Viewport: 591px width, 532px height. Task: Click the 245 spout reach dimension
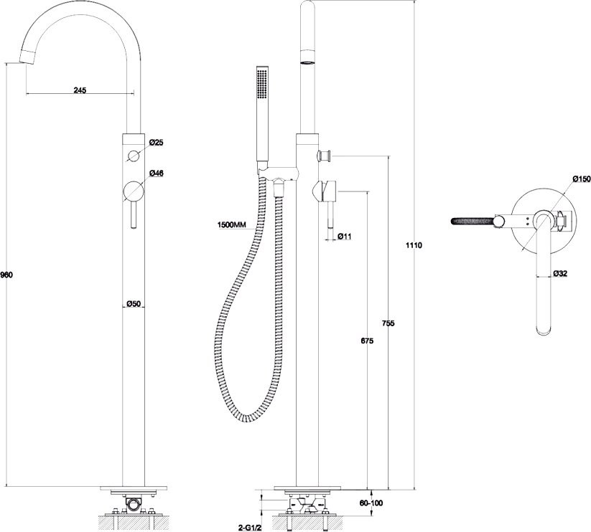[x=80, y=90]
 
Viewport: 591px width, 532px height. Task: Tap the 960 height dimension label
[x=6, y=275]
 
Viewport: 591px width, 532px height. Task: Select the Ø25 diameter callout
[x=156, y=143]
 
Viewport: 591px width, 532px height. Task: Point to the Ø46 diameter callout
[x=156, y=174]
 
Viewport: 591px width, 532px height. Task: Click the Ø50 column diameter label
[x=134, y=303]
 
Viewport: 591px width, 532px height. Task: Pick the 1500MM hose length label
[x=231, y=225]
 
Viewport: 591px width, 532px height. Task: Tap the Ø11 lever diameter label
[x=345, y=237]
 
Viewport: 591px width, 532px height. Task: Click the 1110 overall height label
[x=414, y=245]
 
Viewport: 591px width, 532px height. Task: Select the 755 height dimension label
[x=388, y=323]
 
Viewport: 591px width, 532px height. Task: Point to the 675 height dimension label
[x=367, y=341]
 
